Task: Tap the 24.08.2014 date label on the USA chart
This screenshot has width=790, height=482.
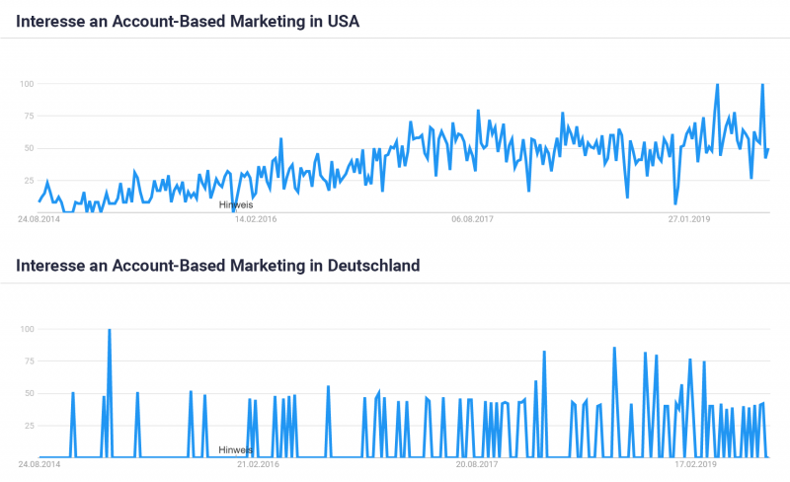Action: (39, 218)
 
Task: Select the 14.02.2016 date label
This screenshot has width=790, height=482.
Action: (256, 218)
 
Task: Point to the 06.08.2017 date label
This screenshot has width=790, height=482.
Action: (472, 218)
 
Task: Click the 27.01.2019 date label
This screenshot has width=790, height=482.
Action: (689, 218)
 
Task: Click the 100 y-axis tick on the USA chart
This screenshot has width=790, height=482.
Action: (27, 84)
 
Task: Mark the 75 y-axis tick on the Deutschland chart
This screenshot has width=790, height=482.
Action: (29, 361)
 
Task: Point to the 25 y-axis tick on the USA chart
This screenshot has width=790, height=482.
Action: (29, 181)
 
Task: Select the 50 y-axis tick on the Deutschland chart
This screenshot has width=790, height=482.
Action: (29, 394)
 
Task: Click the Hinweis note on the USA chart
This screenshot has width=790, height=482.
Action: (236, 204)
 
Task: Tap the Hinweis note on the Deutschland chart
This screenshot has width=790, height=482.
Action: (236, 449)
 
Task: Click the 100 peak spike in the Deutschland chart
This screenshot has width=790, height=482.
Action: (109, 331)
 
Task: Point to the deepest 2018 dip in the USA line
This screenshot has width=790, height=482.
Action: (675, 202)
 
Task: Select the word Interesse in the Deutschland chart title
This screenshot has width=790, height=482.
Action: (48, 265)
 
